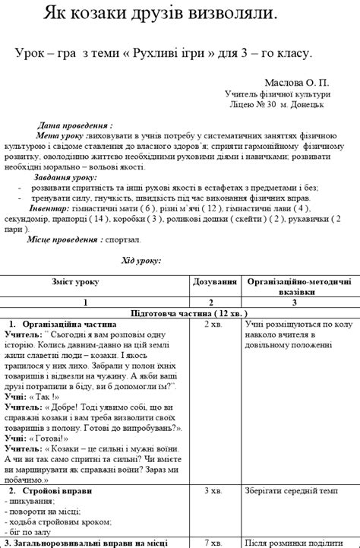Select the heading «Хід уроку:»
[x=141, y=261]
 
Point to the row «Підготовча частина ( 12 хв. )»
[x=179, y=312]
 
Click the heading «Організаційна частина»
[x=69, y=323]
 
